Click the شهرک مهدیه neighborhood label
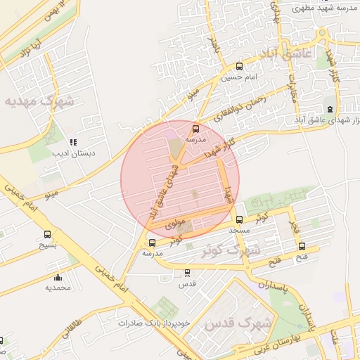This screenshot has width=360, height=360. click(x=39, y=101)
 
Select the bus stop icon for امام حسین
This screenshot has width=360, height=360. click(x=240, y=66)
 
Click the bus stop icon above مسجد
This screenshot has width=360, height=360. click(x=240, y=219)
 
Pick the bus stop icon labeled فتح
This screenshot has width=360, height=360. click(x=302, y=247)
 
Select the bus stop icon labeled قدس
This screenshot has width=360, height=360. click(x=187, y=273)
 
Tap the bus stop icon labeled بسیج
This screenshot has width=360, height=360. click(x=47, y=235)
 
